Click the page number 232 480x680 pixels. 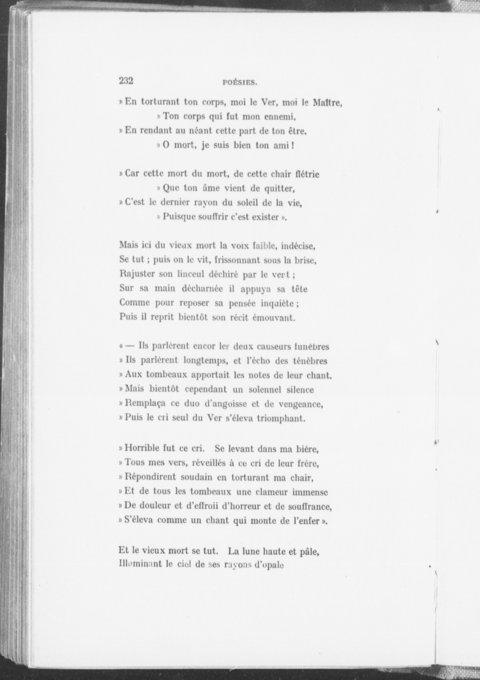126,81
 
